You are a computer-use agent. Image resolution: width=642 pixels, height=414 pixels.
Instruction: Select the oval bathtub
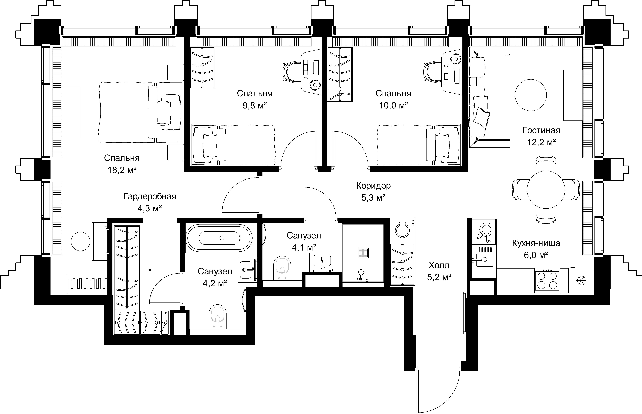(219, 238)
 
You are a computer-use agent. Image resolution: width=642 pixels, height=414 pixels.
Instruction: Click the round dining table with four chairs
(546, 190)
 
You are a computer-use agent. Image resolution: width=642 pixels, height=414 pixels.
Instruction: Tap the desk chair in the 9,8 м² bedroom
(292, 71)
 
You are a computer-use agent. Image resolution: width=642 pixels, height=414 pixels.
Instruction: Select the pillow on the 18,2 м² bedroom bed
(164, 113)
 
